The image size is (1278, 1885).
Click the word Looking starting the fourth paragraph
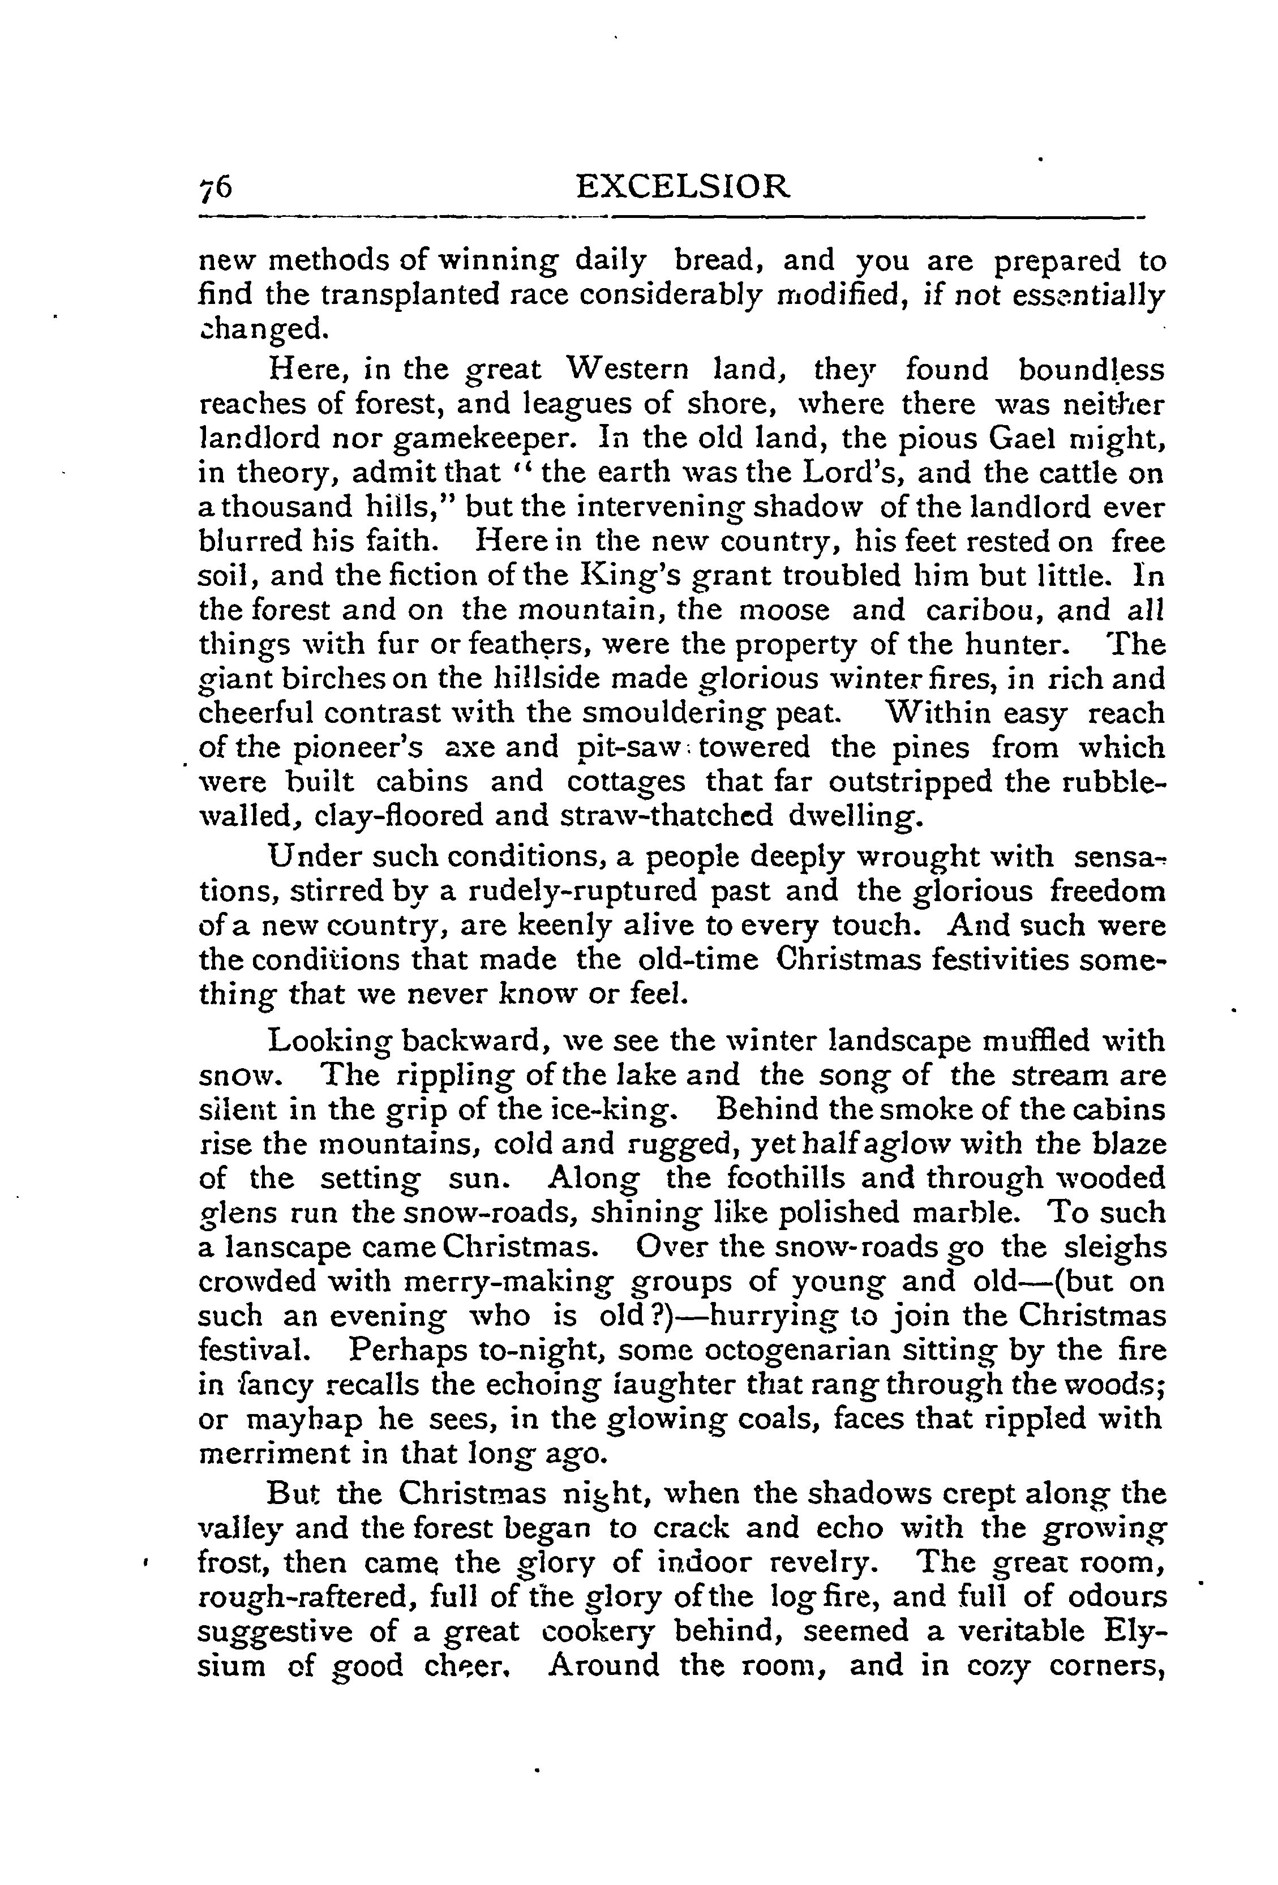pos(328,1040)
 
